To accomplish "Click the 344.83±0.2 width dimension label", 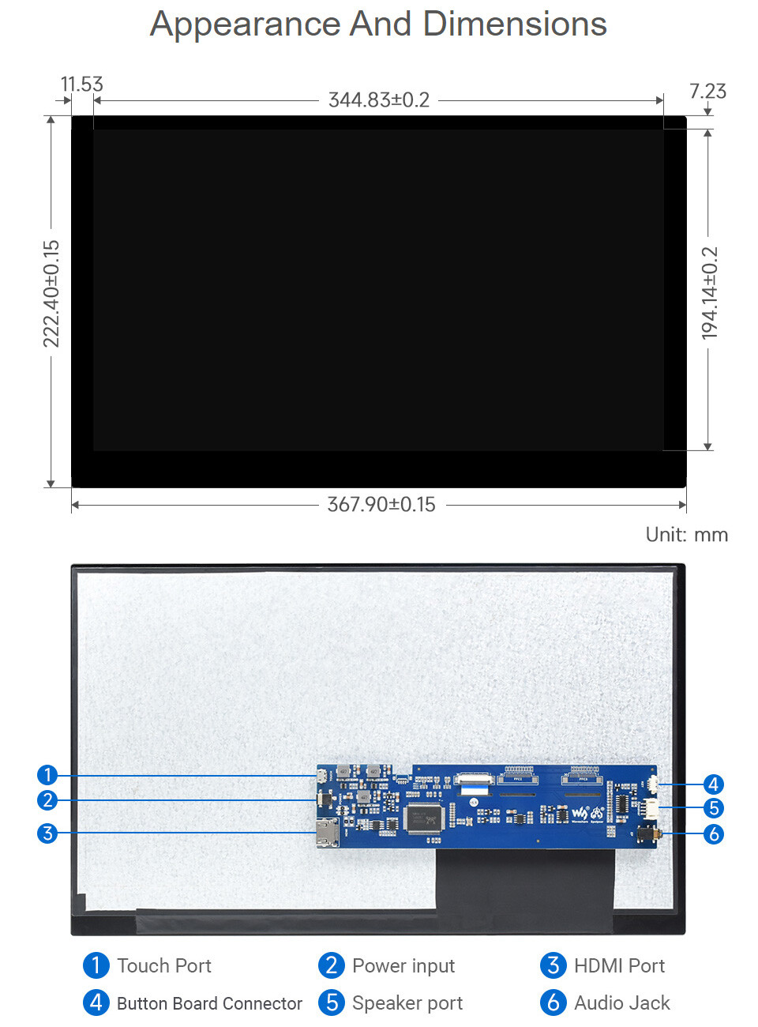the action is pos(379,100).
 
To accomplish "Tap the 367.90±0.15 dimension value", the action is pos(381,505).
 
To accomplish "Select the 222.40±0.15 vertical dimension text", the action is pos(51,293).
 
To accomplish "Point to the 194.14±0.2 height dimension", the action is pos(710,293).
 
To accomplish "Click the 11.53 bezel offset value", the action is pos(81,85).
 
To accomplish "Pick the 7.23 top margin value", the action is pos(707,92).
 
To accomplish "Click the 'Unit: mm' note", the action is pos(686,535).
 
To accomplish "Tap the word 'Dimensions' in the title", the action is pos(515,24).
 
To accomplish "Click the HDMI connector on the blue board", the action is pos(327,833).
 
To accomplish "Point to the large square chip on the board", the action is pos(423,818).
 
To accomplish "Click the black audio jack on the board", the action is pos(648,833).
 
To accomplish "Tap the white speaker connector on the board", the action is pos(651,808).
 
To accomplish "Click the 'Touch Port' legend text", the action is pos(164,965).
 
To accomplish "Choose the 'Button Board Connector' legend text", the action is pos(209,1003).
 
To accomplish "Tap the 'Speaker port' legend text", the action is pos(407,1003).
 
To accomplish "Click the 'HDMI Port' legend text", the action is pos(619,965).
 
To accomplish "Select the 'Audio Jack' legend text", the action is pos(622,1003).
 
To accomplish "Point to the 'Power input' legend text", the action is pos(403,965).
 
